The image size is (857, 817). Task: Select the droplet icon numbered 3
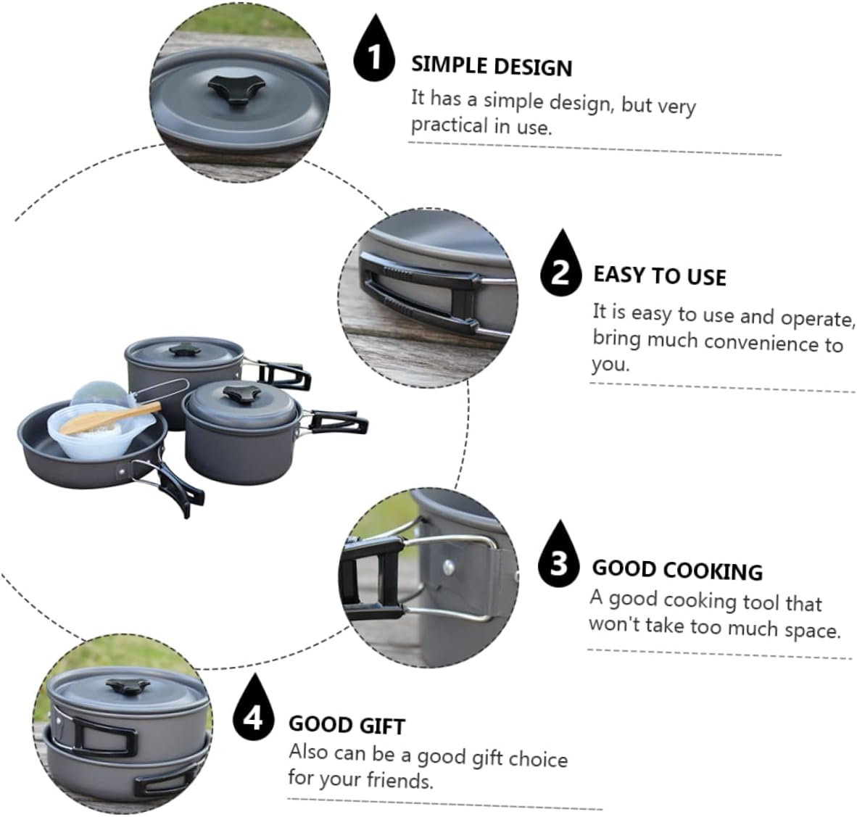click(x=559, y=558)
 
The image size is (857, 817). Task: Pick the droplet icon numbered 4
click(x=253, y=713)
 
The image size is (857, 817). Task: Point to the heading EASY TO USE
click(x=659, y=276)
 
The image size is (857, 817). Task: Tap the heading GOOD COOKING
click(x=677, y=570)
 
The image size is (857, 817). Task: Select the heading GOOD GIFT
click(x=347, y=725)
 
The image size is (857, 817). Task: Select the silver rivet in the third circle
click(x=451, y=565)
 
